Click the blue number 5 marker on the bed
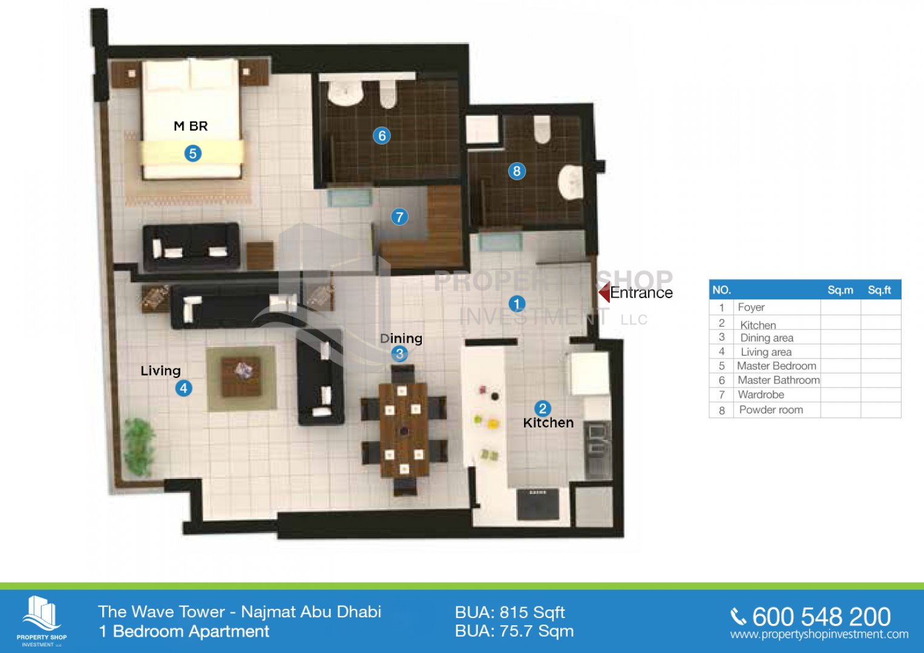pyautogui.click(x=192, y=154)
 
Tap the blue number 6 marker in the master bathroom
pyautogui.click(x=382, y=135)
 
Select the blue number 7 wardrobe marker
pyautogui.click(x=399, y=217)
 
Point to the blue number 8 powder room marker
pyautogui.click(x=516, y=171)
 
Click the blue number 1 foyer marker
pyautogui.click(x=516, y=304)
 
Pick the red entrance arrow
pyautogui.click(x=604, y=292)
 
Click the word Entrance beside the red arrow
pyautogui.click(x=641, y=293)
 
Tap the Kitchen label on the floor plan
pyautogui.click(x=548, y=423)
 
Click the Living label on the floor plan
pyautogui.click(x=160, y=371)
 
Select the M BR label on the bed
pyautogui.click(x=191, y=126)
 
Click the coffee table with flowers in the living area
pyautogui.click(x=241, y=377)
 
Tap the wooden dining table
pyautogui.click(x=404, y=430)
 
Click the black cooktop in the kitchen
pyautogui.click(x=539, y=505)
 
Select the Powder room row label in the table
pyautogui.click(x=771, y=410)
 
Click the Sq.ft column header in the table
pyautogui.click(x=879, y=290)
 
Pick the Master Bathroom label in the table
pyautogui.click(x=778, y=380)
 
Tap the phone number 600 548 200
pyautogui.click(x=821, y=617)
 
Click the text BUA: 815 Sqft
pyautogui.click(x=510, y=612)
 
